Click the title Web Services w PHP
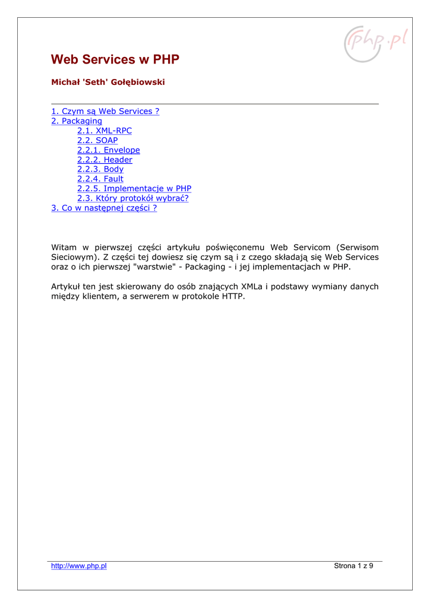(x=115, y=60)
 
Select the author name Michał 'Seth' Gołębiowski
(x=107, y=83)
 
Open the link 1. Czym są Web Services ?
(x=105, y=112)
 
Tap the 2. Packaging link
(x=77, y=121)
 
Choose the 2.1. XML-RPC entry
(x=105, y=131)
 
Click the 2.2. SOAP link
(x=97, y=141)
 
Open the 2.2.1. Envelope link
(x=109, y=150)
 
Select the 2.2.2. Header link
(x=105, y=160)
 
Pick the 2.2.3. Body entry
(x=100, y=169)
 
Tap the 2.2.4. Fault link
(x=100, y=179)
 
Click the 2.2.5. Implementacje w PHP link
(x=134, y=189)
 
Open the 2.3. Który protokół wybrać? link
(x=133, y=198)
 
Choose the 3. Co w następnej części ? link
(x=104, y=208)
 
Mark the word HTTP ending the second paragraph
(x=233, y=296)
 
